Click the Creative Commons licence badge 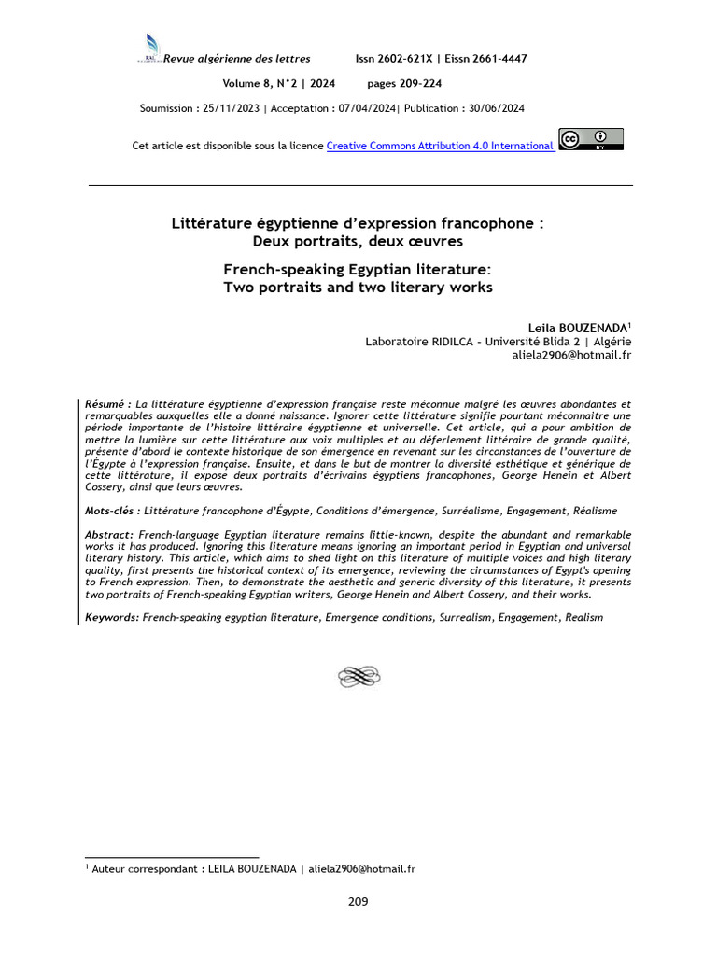pos(590,139)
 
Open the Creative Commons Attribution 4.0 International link pos(440,146)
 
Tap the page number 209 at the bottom pos(358,901)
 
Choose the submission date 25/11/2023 pos(231,108)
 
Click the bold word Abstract pos(109,534)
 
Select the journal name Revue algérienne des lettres pos(237,59)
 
